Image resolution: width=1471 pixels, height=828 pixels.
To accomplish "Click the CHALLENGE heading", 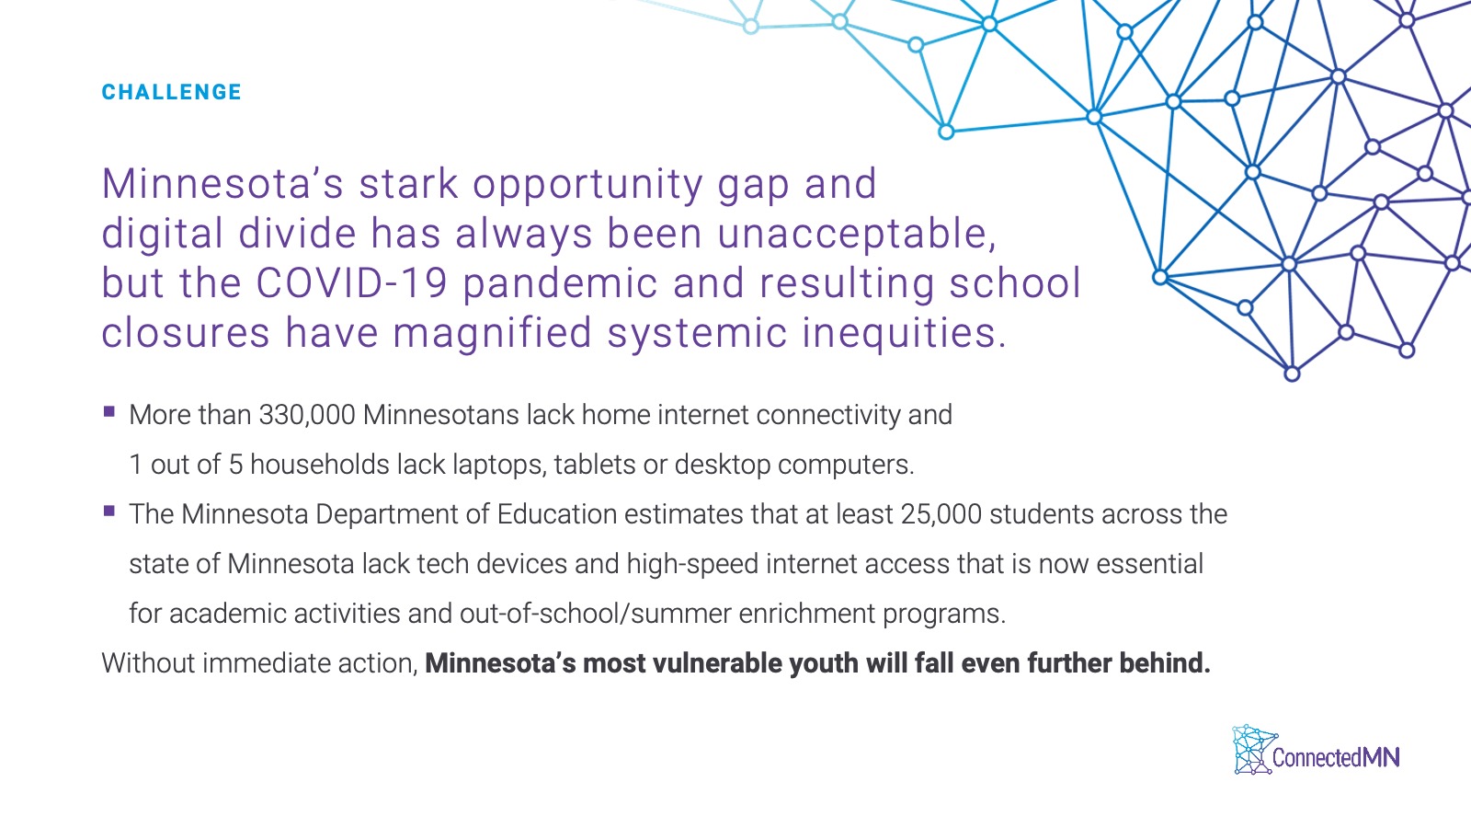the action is pos(171,92).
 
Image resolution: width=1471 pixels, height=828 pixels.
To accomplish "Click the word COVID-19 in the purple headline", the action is pos(351,282).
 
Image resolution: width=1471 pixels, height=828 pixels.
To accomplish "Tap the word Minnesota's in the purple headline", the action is pos(222,183).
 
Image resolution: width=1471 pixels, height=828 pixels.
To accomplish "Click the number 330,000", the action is pos(307,415).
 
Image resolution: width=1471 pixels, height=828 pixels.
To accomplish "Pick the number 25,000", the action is pos(941,514).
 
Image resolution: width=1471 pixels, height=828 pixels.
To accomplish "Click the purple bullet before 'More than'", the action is pos(109,412).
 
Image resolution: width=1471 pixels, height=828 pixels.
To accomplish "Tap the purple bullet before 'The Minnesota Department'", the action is pos(109,511).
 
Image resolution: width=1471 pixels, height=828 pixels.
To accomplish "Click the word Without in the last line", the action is pos(148,663).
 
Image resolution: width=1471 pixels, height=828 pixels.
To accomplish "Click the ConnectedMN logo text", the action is pos(1336,758).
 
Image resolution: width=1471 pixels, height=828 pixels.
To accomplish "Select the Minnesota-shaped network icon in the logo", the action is pos(1254,750).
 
